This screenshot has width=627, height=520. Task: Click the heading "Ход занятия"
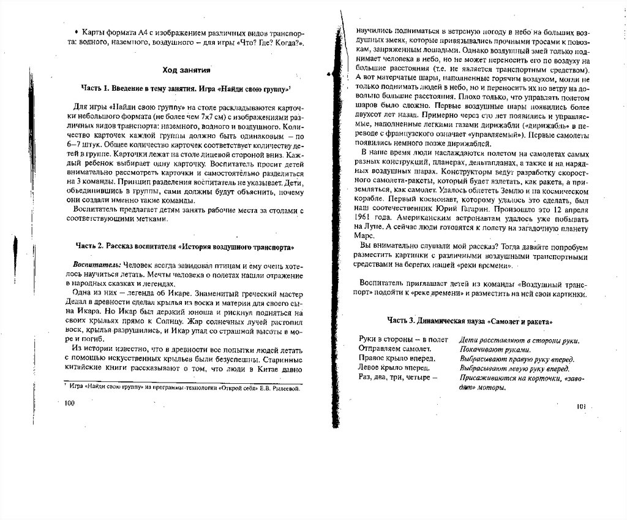click(187, 70)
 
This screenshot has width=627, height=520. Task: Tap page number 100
click(69, 403)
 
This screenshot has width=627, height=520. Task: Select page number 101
click(582, 407)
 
